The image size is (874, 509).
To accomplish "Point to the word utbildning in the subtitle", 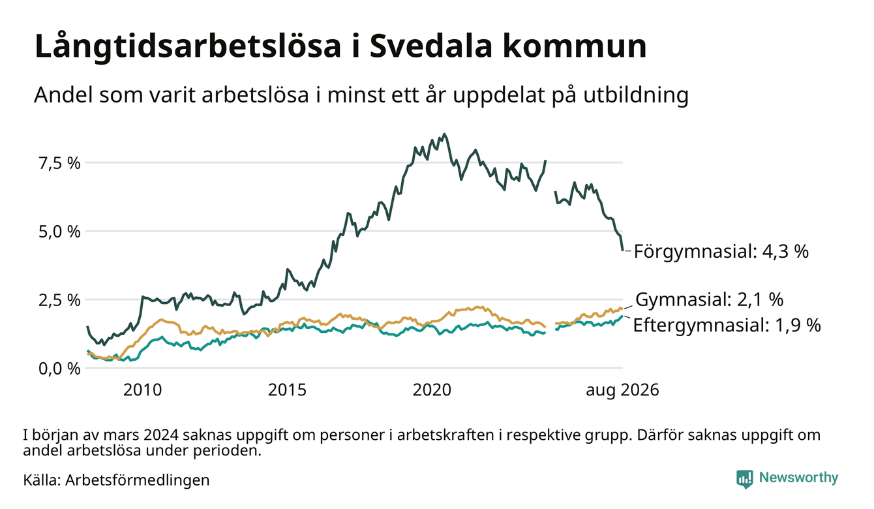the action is [636, 95].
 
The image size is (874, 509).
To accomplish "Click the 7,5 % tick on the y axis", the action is [59, 163].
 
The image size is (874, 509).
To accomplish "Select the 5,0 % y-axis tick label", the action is [59, 232].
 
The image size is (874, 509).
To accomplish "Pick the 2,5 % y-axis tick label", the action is [59, 300].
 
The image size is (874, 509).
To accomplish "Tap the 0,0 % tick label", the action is [59, 369].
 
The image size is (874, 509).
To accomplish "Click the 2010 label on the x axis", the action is [142, 390].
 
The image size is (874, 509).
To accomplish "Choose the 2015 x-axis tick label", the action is [287, 390].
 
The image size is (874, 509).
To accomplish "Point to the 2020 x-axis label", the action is [432, 390].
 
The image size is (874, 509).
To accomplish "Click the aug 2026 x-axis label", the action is [622, 390].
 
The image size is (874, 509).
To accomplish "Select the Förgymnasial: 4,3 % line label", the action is [721, 251].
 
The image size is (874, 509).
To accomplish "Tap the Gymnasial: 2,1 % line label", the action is [709, 300].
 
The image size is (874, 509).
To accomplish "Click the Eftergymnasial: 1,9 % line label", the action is [727, 325].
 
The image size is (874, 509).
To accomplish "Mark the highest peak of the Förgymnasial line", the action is [444, 134].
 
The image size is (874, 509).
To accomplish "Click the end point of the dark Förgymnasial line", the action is [622, 250].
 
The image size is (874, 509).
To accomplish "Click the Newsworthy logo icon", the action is [745, 479].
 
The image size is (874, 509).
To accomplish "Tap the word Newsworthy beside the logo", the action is [798, 478].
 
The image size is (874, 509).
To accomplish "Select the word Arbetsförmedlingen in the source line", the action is [138, 480].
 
